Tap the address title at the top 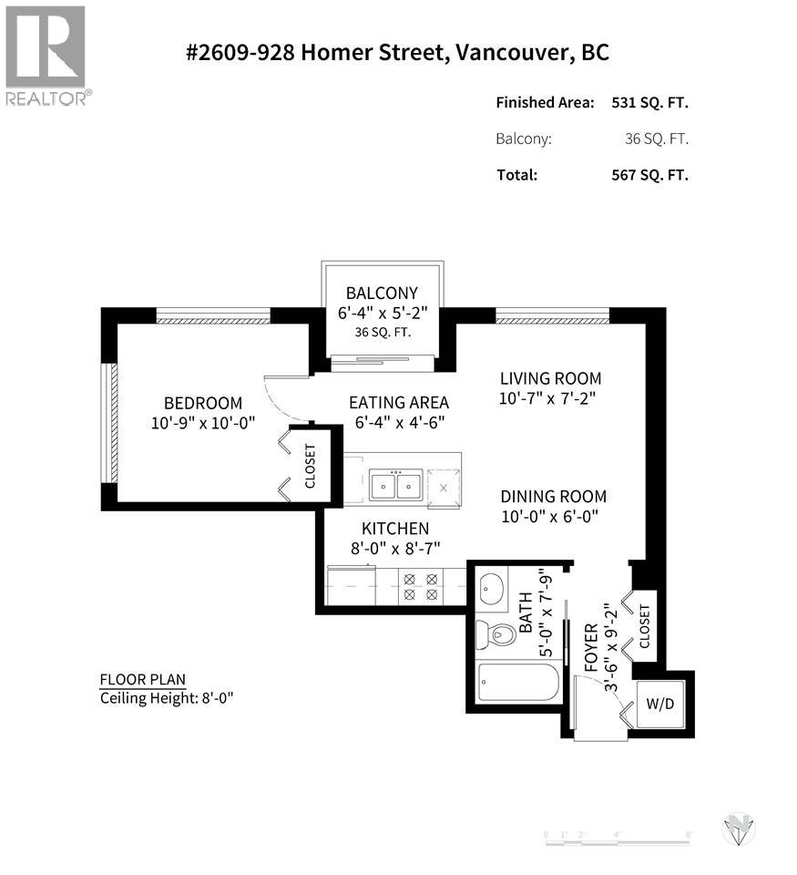coord(398,52)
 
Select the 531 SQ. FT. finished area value coord(649,103)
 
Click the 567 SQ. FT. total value coord(649,174)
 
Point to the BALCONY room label coord(382,293)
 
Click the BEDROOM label coord(203,403)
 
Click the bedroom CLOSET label coord(311,467)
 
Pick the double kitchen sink coord(397,487)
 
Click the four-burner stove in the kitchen coord(421,586)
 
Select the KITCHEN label coord(395,529)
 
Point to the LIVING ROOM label coord(550,378)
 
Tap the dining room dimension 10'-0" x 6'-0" coord(553,517)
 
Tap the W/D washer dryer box coord(659,703)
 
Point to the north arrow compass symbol coord(739,829)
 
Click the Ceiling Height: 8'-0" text coord(159,698)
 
